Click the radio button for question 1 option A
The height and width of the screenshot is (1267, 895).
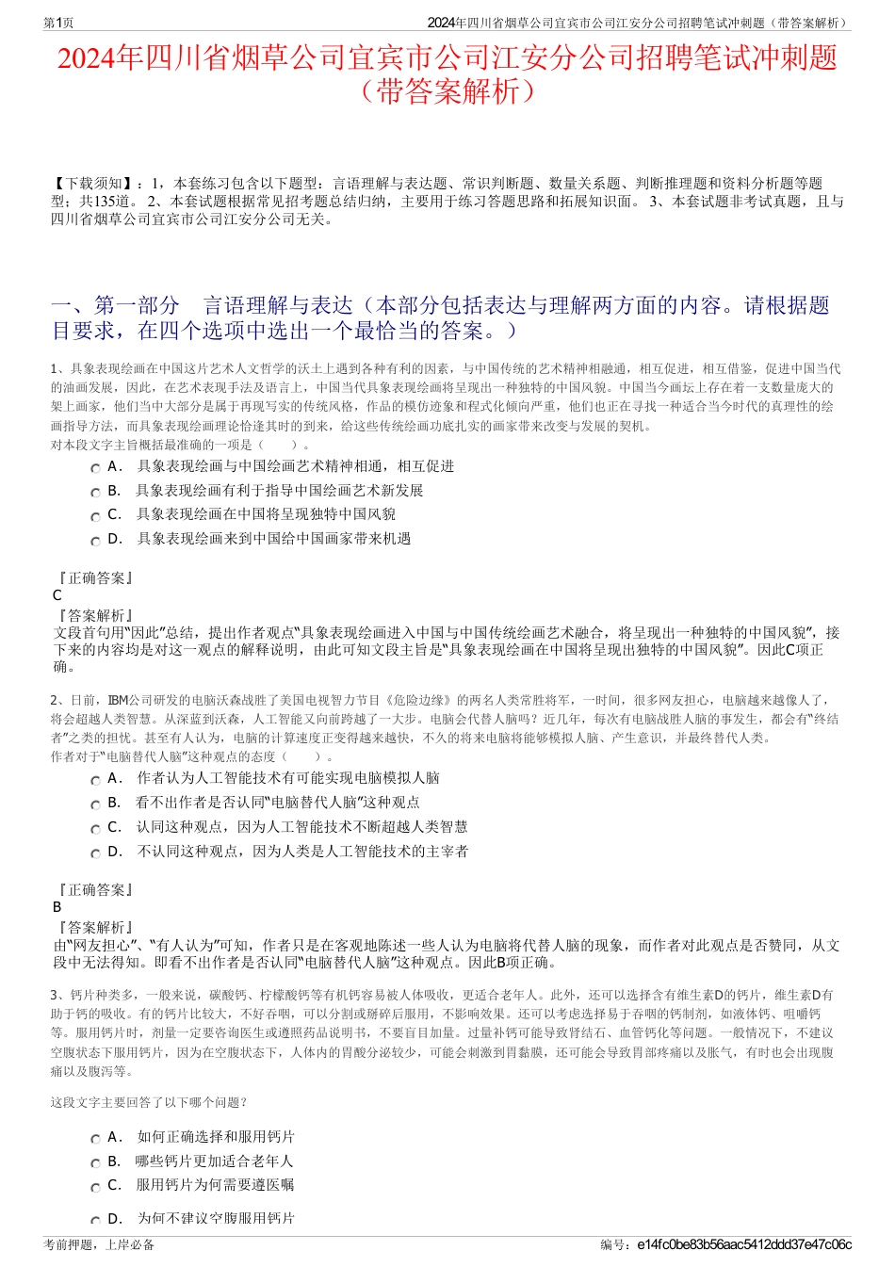pos(95,468)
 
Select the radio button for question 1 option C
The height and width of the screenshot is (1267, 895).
pos(95,517)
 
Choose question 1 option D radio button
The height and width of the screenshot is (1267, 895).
pos(95,542)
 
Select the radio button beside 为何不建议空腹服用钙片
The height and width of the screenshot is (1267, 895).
pos(95,1221)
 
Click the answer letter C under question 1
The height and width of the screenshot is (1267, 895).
pos(57,595)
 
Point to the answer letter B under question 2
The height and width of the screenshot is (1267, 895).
pos(57,907)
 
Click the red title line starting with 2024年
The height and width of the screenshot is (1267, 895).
pos(447,58)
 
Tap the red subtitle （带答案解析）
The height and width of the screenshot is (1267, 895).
pos(447,91)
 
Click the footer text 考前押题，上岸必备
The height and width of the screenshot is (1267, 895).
pos(99,1244)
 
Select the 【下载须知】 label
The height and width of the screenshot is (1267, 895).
pos(93,184)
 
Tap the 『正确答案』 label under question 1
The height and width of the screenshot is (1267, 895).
pos(94,578)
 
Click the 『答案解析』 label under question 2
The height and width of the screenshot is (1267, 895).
pos(94,928)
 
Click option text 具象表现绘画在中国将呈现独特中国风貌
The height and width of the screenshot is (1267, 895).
pos(266,514)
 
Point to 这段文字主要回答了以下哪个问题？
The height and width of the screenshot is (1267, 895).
pos(149,1103)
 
